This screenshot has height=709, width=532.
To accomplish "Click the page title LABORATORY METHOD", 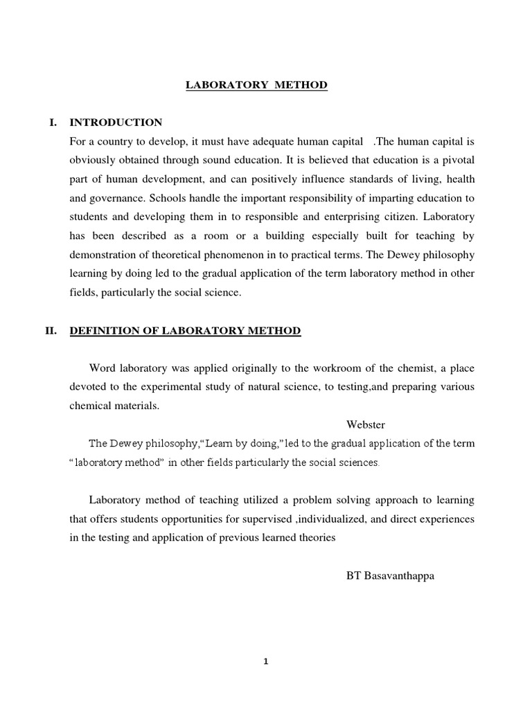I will [x=256, y=85].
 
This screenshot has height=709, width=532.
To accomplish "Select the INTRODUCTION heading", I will [x=116, y=123].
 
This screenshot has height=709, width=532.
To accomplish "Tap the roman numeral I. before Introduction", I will [x=52, y=123].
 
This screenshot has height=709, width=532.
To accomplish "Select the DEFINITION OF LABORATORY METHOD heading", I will [x=185, y=331].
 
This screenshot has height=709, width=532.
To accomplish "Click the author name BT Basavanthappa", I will [x=391, y=575].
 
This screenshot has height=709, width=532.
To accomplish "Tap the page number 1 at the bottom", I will [x=265, y=661].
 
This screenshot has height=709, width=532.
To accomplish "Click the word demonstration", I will [x=102, y=254].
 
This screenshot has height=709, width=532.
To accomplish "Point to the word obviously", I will [x=94, y=161].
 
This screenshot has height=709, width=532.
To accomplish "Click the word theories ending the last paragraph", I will [x=314, y=537].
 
